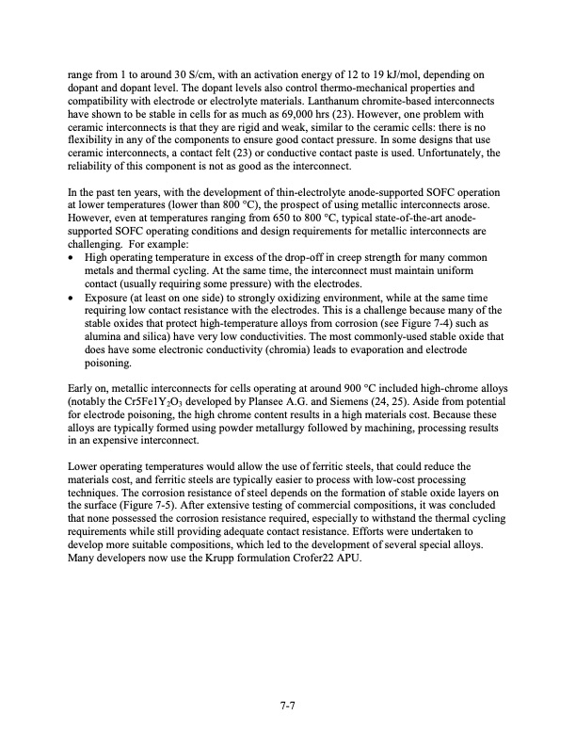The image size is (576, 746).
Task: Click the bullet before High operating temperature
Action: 73,257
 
